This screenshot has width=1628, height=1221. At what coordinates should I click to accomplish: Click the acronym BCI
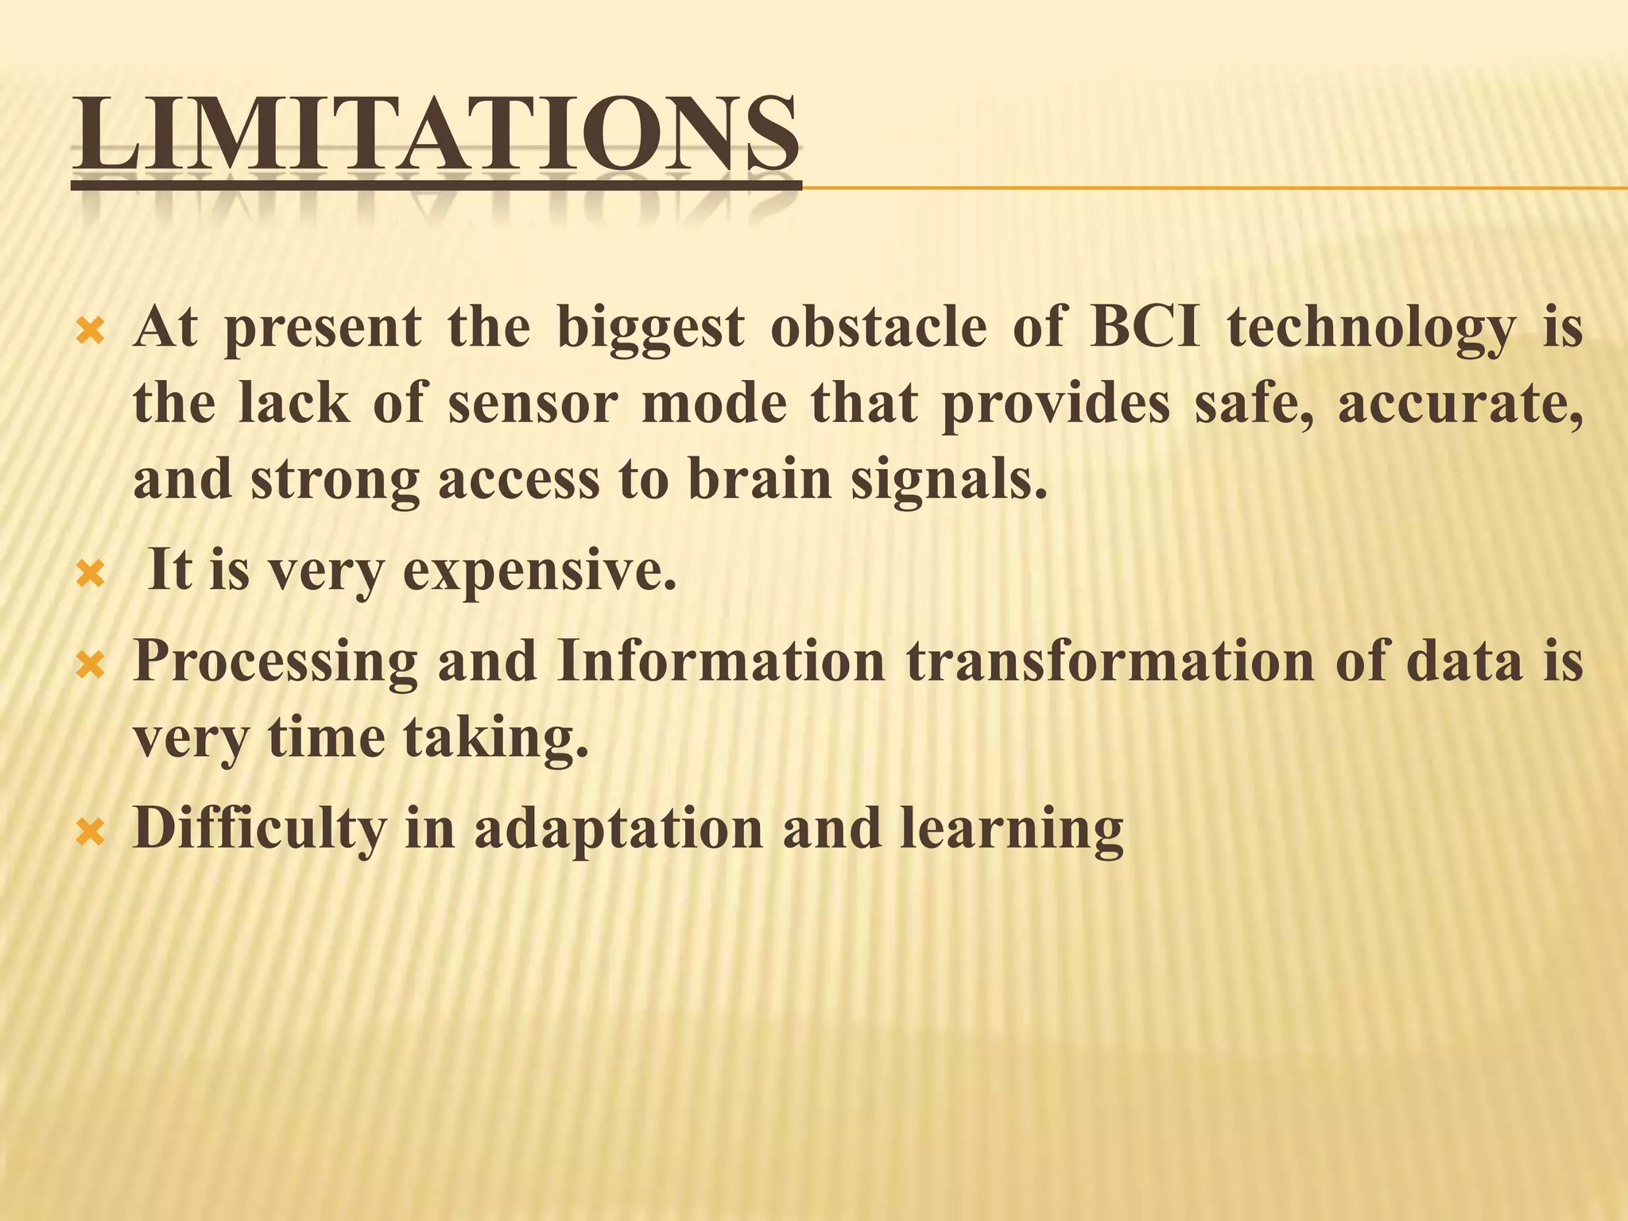click(x=1144, y=328)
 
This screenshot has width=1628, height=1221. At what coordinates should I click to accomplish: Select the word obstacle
click(x=878, y=328)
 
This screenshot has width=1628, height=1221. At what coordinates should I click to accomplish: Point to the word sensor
click(x=532, y=404)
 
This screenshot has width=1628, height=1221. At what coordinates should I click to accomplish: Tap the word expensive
click(x=540, y=572)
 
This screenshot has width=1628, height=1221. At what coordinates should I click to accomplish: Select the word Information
click(x=720, y=661)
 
